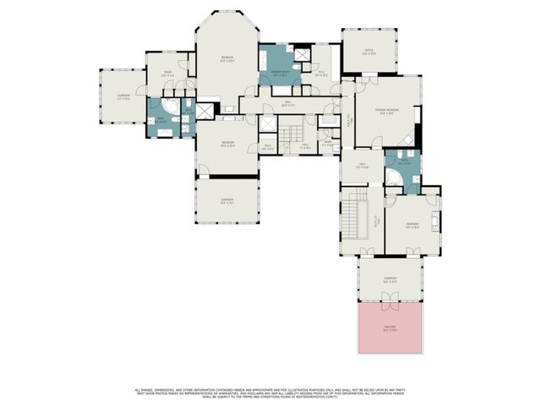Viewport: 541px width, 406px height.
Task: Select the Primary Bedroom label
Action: (x=388, y=112)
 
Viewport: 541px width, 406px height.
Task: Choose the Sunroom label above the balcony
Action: (x=390, y=279)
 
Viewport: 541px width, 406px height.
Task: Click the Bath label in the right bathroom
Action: (x=403, y=162)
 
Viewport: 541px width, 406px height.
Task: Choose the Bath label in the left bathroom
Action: (x=161, y=121)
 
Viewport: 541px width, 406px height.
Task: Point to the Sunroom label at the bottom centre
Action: (x=227, y=202)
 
